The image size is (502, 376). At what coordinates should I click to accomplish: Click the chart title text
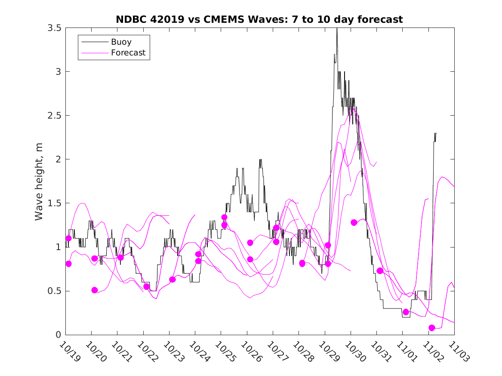click(259, 19)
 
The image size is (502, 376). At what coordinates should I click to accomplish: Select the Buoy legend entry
click(121, 42)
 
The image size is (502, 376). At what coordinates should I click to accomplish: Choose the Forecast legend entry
click(128, 53)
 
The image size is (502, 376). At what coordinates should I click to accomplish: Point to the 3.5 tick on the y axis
click(54, 28)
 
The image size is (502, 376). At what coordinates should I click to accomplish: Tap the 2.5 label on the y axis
click(54, 116)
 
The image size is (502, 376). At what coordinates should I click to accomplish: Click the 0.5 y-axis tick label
click(54, 291)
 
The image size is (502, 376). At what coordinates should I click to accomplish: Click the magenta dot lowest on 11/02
click(432, 328)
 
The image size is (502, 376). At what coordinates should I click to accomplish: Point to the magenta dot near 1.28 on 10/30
click(354, 223)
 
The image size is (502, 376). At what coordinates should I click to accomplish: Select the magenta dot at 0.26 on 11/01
click(406, 312)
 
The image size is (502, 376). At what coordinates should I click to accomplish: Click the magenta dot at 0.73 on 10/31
click(380, 271)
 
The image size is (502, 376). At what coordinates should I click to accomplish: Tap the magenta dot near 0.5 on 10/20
click(95, 290)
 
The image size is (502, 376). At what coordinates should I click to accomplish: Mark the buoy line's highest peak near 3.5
click(337, 29)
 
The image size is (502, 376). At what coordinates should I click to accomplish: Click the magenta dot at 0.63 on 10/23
click(172, 279)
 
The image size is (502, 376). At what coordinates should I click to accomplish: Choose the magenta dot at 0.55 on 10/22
click(147, 286)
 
